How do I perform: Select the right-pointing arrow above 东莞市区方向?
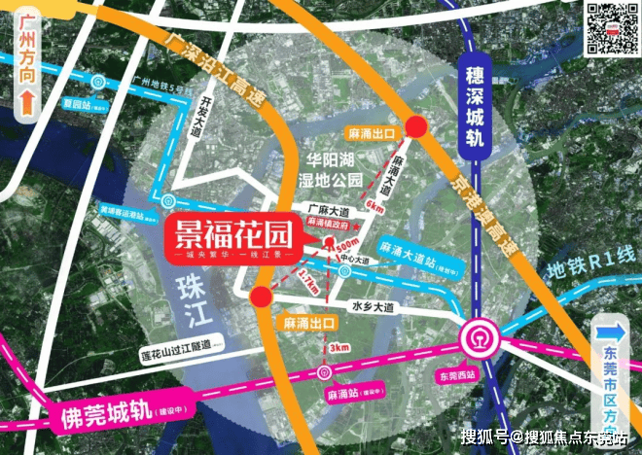tap(614, 328)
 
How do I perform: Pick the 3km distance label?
tap(339, 347)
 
